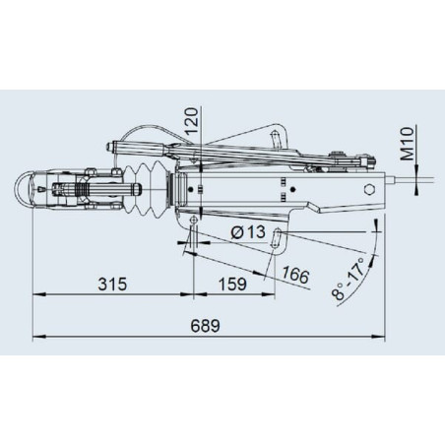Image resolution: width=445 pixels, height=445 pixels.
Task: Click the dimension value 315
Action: (x=112, y=284)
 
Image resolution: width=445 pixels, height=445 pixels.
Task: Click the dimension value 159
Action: (x=232, y=284)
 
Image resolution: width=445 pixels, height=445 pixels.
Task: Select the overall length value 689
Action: (x=205, y=326)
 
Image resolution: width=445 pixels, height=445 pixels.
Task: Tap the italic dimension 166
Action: (x=295, y=275)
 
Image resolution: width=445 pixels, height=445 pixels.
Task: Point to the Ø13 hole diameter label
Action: (x=248, y=232)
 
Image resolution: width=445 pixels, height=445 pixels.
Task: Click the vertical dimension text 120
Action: (x=192, y=120)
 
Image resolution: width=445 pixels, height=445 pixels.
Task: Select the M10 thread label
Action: (x=408, y=144)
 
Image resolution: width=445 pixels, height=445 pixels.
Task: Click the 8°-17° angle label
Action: (x=349, y=279)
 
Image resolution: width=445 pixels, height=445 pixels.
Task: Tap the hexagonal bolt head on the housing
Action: (x=370, y=189)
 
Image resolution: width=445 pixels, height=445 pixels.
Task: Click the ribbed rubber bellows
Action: (x=146, y=190)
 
